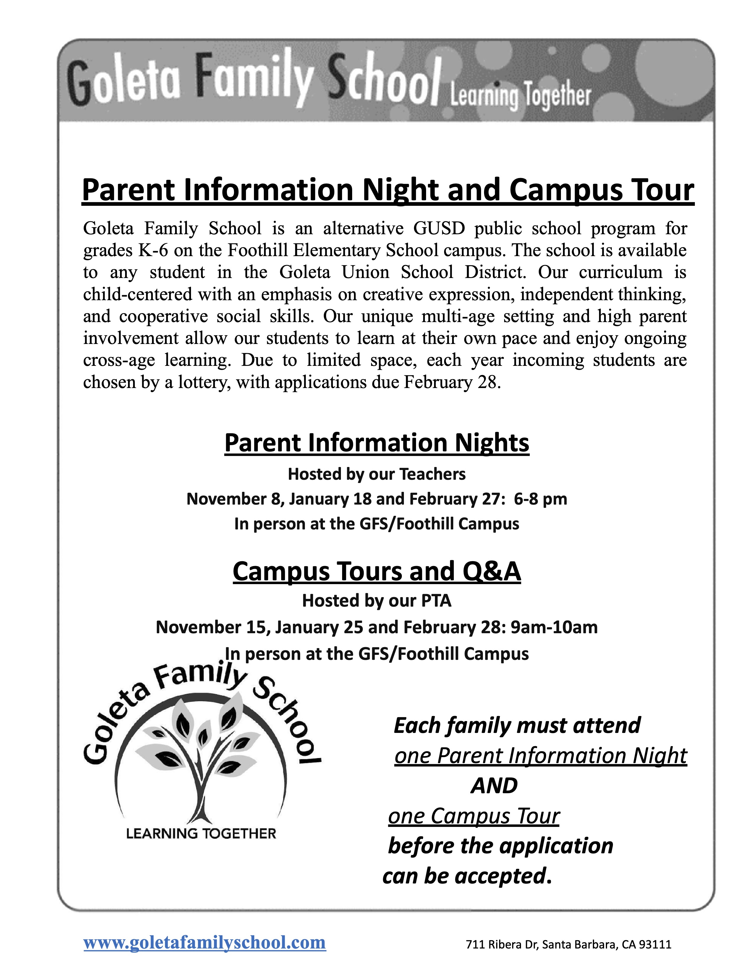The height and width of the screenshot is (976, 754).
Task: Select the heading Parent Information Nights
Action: click(376, 443)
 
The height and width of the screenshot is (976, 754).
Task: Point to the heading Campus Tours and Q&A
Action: click(376, 571)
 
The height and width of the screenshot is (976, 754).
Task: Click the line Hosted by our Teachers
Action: click(376, 474)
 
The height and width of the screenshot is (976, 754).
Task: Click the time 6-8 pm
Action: click(541, 499)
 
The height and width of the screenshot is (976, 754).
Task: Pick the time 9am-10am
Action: click(554, 627)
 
